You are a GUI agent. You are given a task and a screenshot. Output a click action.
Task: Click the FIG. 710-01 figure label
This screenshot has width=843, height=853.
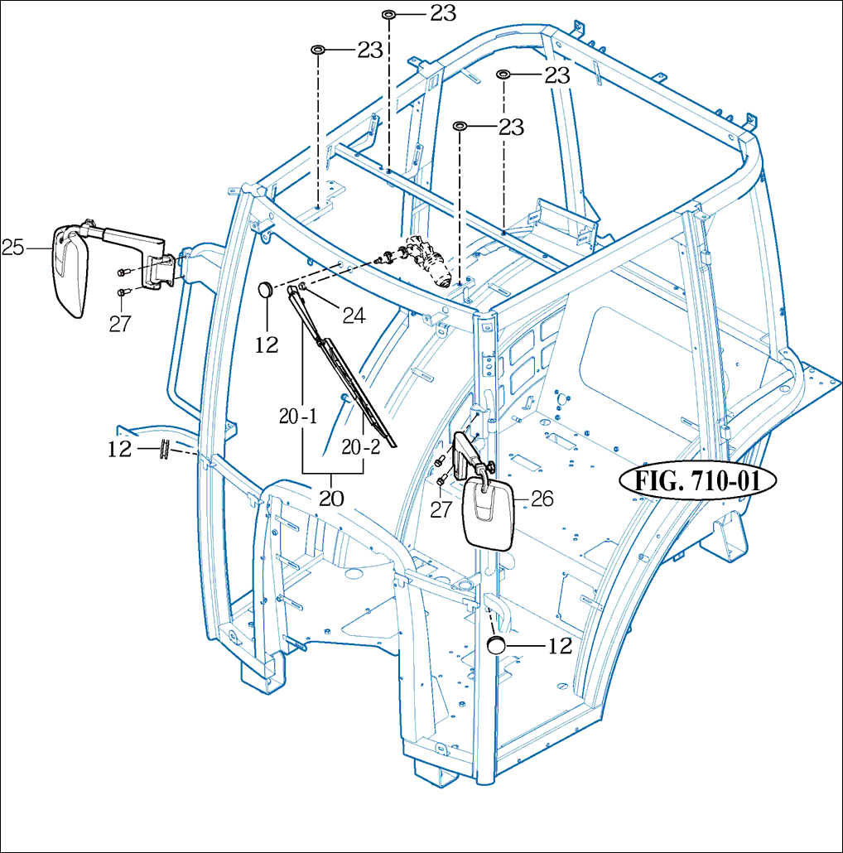(698, 481)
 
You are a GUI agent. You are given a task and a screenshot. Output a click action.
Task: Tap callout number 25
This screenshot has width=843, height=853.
(13, 248)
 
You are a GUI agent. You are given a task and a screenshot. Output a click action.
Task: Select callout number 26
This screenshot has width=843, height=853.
(542, 499)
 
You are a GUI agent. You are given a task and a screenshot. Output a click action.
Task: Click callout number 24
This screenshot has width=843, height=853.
(354, 316)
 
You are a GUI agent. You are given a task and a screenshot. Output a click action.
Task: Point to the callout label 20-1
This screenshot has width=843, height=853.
(298, 417)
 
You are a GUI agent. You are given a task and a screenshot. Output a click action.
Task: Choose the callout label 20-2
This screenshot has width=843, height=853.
(361, 447)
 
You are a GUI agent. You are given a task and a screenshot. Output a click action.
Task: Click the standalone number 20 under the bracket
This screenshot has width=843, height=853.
(331, 499)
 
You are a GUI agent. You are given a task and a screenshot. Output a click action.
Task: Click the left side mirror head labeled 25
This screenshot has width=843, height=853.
(70, 270)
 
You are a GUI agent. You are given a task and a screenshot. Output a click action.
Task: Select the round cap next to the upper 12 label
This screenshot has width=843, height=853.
(267, 289)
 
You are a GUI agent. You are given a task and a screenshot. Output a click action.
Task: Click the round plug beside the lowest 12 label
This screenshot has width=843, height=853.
(496, 644)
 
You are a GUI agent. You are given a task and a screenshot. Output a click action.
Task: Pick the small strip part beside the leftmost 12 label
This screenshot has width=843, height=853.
(164, 449)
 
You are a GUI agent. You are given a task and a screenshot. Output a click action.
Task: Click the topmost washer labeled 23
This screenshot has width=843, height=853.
(389, 13)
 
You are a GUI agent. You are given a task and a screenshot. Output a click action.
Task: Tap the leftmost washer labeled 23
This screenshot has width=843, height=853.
(318, 50)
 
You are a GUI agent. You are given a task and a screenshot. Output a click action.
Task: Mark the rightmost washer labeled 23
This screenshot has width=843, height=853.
(503, 74)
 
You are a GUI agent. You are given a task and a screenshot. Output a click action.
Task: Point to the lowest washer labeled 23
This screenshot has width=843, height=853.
(460, 126)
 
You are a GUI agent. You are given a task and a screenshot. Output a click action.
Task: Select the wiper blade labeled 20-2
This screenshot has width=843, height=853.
(360, 392)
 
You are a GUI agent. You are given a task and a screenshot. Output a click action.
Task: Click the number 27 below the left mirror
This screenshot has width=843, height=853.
(120, 324)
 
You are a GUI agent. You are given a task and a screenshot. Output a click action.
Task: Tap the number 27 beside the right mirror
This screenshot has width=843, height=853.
(441, 510)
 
